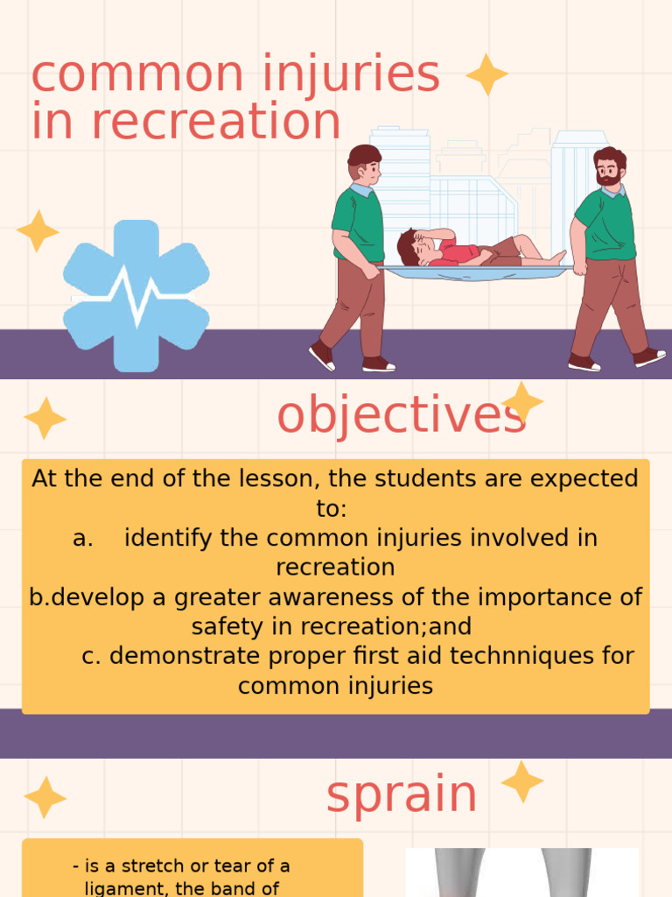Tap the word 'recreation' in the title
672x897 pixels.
pyautogui.click(x=216, y=122)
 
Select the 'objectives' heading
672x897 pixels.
pyautogui.click(x=402, y=415)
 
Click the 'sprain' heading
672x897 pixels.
pyautogui.click(x=402, y=795)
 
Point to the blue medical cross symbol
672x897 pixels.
pyautogui.click(x=136, y=295)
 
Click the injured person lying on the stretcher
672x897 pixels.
pyautogui.click(x=472, y=249)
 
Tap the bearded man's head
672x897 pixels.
pyautogui.click(x=609, y=166)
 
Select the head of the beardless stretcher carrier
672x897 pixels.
pyautogui.click(x=365, y=164)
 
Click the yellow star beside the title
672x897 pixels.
pyautogui.click(x=487, y=74)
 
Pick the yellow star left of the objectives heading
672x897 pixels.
pyautogui.click(x=45, y=418)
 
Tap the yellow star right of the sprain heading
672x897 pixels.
pyautogui.click(x=522, y=781)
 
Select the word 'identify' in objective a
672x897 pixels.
pyautogui.click(x=169, y=537)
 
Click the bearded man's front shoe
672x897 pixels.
pyautogui.click(x=648, y=357)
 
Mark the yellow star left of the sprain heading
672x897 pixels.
pyautogui.click(x=45, y=797)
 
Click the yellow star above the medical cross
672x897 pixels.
pyautogui.click(x=38, y=231)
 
